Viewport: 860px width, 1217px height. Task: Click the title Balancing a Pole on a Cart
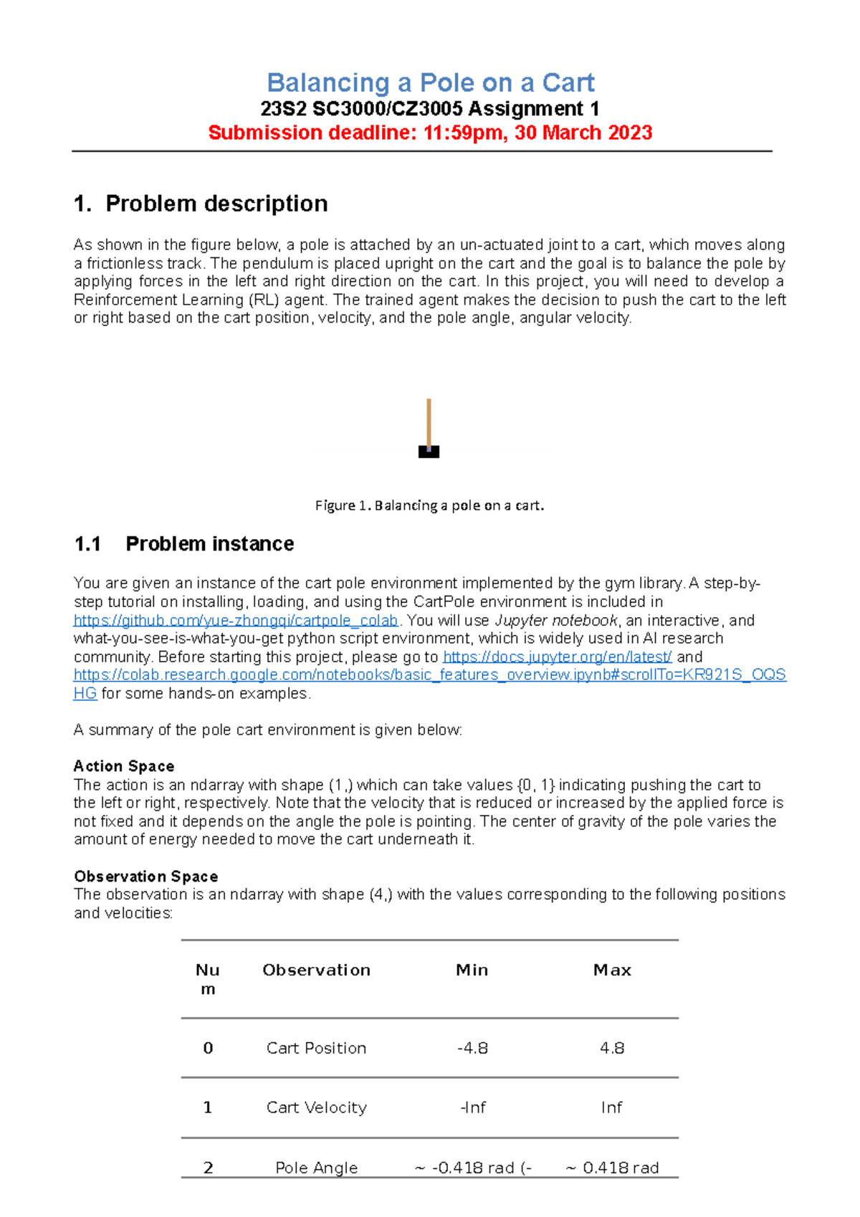(430, 83)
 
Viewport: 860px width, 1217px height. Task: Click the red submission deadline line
(430, 133)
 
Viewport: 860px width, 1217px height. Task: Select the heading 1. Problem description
(201, 204)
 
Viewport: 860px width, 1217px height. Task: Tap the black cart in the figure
(429, 452)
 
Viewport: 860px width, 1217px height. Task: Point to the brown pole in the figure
(429, 421)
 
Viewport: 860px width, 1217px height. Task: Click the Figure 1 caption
(429, 505)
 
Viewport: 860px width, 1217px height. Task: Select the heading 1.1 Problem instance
(184, 544)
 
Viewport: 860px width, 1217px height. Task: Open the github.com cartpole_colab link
(236, 621)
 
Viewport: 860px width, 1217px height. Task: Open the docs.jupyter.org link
(557, 657)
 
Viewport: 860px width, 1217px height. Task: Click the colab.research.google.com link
(430, 675)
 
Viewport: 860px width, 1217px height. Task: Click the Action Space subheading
(124, 766)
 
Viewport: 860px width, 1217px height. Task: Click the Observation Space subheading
(145, 877)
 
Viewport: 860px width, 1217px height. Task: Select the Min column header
(472, 970)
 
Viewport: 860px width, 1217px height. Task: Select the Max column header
(612, 970)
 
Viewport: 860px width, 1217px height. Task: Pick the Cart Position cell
(316, 1049)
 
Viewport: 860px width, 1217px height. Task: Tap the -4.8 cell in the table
(472, 1049)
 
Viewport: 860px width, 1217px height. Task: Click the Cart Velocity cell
(316, 1108)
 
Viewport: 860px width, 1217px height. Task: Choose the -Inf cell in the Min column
(472, 1108)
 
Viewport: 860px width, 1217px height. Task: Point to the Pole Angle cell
(316, 1168)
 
